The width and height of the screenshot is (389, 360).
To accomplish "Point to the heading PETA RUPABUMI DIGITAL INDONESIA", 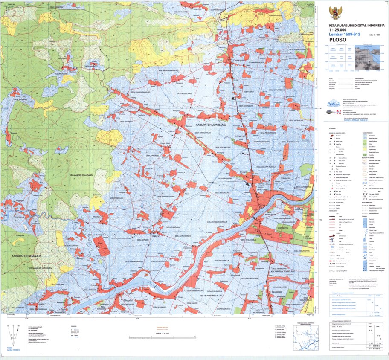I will point(354,25).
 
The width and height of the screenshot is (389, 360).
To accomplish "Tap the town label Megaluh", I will point(128,301).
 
